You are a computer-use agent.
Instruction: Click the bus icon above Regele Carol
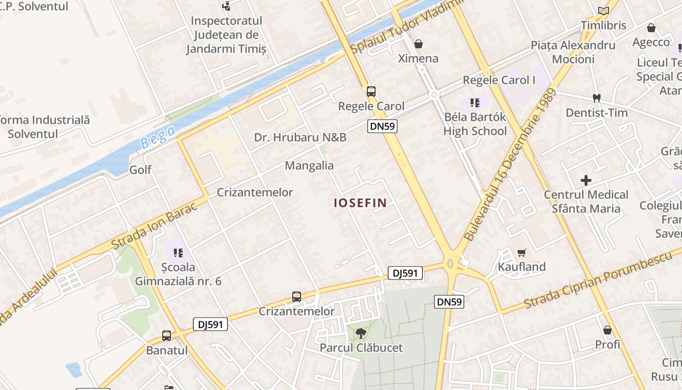[371, 91]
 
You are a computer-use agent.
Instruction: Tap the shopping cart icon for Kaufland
[522, 253]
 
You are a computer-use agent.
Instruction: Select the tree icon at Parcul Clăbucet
[361, 333]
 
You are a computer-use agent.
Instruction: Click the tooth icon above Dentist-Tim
[596, 98]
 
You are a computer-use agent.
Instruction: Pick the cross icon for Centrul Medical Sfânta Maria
[586, 180]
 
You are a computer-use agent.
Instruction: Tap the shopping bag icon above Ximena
[418, 44]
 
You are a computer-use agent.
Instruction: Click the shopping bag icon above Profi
[607, 330]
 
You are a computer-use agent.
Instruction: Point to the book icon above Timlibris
[604, 11]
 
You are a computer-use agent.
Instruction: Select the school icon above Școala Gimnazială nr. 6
[178, 253]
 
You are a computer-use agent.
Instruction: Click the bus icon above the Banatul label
[167, 335]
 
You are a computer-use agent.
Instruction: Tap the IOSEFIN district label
[360, 203]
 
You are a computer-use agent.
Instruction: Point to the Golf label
[140, 170]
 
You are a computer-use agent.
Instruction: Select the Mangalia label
[309, 165]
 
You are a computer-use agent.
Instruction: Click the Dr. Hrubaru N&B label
[300, 137]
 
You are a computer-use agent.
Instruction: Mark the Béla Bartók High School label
[475, 124]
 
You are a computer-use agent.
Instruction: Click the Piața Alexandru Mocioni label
[573, 52]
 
